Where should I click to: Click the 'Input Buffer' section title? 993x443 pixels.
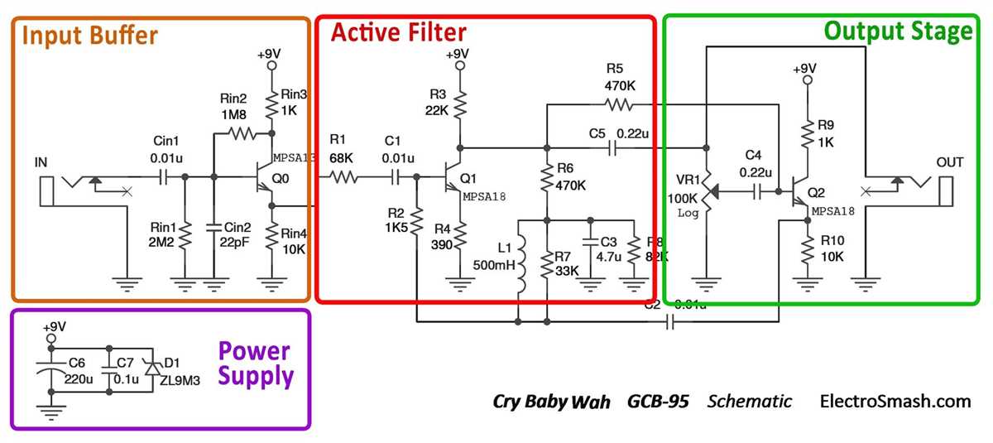pyautogui.click(x=89, y=36)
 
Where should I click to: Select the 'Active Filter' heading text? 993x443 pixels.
pyautogui.click(x=398, y=33)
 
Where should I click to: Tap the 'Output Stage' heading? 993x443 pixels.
pyautogui.click(x=898, y=31)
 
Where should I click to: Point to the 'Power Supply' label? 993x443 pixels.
pyautogui.click(x=256, y=364)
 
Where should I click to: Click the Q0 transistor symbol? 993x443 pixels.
pyautogui.click(x=263, y=176)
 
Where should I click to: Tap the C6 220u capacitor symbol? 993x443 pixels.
pyautogui.click(x=51, y=371)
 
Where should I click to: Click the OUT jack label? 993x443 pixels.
pyautogui.click(x=949, y=162)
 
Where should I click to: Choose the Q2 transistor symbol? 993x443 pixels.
pyautogui.click(x=799, y=190)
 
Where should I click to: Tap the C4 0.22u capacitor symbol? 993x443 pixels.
pyautogui.click(x=758, y=191)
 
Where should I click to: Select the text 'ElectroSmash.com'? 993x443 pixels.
pyautogui.click(x=895, y=402)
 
